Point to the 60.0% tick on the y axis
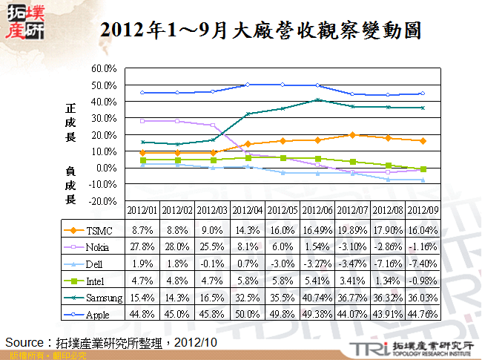point(105,68)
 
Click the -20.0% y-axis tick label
point(104,201)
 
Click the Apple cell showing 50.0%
point(248,315)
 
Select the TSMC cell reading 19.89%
point(353,230)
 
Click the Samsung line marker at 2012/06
point(318,100)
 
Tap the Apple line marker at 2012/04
point(248,85)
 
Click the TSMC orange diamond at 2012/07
point(353,135)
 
